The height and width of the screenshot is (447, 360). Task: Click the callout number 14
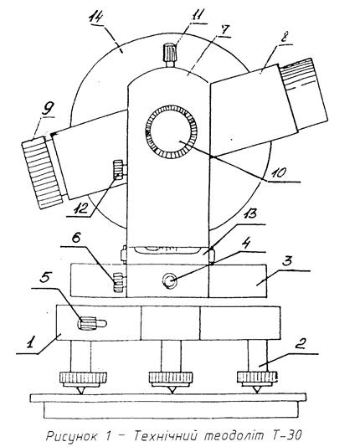pyautogui.click(x=95, y=18)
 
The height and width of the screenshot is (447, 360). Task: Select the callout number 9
pyautogui.click(x=49, y=108)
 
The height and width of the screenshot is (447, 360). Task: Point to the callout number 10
pyautogui.click(x=278, y=172)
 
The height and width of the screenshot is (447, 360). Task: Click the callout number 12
pyautogui.click(x=80, y=209)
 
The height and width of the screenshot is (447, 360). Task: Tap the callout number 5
pyautogui.click(x=46, y=278)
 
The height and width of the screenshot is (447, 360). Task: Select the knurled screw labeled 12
pyautogui.click(x=118, y=170)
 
